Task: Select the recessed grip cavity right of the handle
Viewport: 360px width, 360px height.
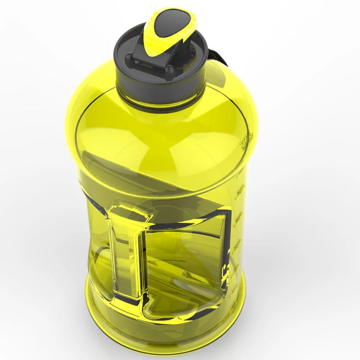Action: pyautogui.click(x=182, y=259)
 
